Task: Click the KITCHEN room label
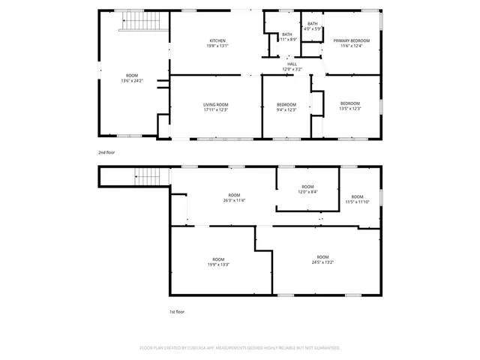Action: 217,40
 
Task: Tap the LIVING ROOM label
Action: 215,104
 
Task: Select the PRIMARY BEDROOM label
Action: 352,41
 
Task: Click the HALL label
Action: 292,64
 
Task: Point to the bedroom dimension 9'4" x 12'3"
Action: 286,109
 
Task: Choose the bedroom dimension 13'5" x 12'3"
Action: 350,109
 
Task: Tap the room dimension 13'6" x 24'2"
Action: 132,80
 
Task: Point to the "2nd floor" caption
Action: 106,152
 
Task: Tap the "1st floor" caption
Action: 176,311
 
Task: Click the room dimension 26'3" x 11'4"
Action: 234,200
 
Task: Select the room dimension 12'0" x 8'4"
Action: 307,192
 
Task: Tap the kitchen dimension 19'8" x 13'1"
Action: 217,46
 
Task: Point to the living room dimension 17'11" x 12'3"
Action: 215,109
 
